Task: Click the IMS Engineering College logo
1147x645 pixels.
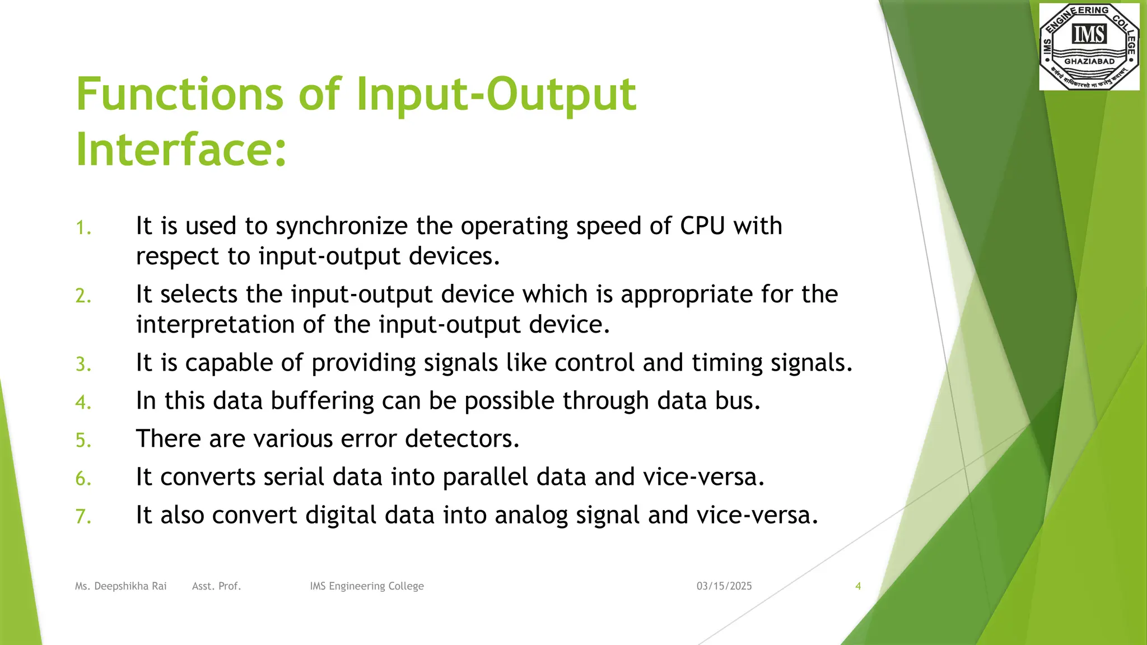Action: tap(1089, 46)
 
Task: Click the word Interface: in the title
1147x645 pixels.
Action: tap(181, 149)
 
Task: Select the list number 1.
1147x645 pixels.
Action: tap(83, 228)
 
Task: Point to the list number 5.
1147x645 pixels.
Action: tap(83, 440)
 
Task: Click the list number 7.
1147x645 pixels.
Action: tap(83, 516)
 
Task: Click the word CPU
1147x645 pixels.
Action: tap(702, 226)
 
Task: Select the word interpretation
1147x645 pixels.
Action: tap(215, 325)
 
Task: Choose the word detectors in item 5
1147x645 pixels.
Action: tap(462, 438)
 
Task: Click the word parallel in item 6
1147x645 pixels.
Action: tap(485, 477)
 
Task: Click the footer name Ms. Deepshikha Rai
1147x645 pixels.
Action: tap(121, 586)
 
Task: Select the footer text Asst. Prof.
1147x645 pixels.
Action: tap(216, 586)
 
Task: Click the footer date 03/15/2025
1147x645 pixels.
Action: tap(724, 586)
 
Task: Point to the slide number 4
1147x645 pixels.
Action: tap(858, 586)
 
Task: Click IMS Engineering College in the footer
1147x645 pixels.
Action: tap(367, 586)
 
